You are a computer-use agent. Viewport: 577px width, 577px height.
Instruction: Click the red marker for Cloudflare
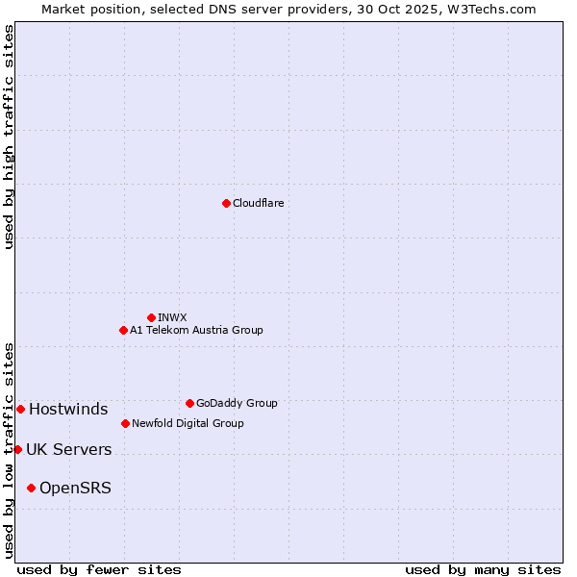click(x=226, y=203)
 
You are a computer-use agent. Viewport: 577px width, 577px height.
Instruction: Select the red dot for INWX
click(x=151, y=317)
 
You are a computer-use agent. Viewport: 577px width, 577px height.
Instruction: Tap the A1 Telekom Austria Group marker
click(x=123, y=330)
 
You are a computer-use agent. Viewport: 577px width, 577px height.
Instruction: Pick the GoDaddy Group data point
click(x=189, y=403)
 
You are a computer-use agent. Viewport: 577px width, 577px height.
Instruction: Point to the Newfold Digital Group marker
click(x=125, y=423)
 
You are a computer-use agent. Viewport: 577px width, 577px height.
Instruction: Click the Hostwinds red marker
click(x=20, y=409)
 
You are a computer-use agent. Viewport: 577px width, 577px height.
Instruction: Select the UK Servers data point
click(x=17, y=449)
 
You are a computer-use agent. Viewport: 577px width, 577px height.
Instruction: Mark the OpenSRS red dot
click(x=31, y=488)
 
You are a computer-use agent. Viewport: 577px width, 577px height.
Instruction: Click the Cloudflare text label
click(x=259, y=203)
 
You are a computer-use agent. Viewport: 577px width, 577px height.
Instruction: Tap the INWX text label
click(x=172, y=317)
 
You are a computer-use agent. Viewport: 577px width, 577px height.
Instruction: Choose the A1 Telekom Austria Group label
click(x=196, y=330)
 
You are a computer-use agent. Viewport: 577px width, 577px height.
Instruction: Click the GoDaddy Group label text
click(x=237, y=403)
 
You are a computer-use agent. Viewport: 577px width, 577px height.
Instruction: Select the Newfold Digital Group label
click(x=188, y=423)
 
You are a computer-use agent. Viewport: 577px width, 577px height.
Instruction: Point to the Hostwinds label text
click(x=68, y=409)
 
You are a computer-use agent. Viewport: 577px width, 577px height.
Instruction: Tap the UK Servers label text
click(x=68, y=449)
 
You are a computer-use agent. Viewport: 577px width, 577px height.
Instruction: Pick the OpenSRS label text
click(x=75, y=488)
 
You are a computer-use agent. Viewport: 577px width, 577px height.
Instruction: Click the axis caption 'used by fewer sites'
click(x=99, y=569)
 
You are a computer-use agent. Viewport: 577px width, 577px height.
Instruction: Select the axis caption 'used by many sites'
click(x=483, y=569)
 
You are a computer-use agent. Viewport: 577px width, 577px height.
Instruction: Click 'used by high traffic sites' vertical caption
click(x=9, y=137)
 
